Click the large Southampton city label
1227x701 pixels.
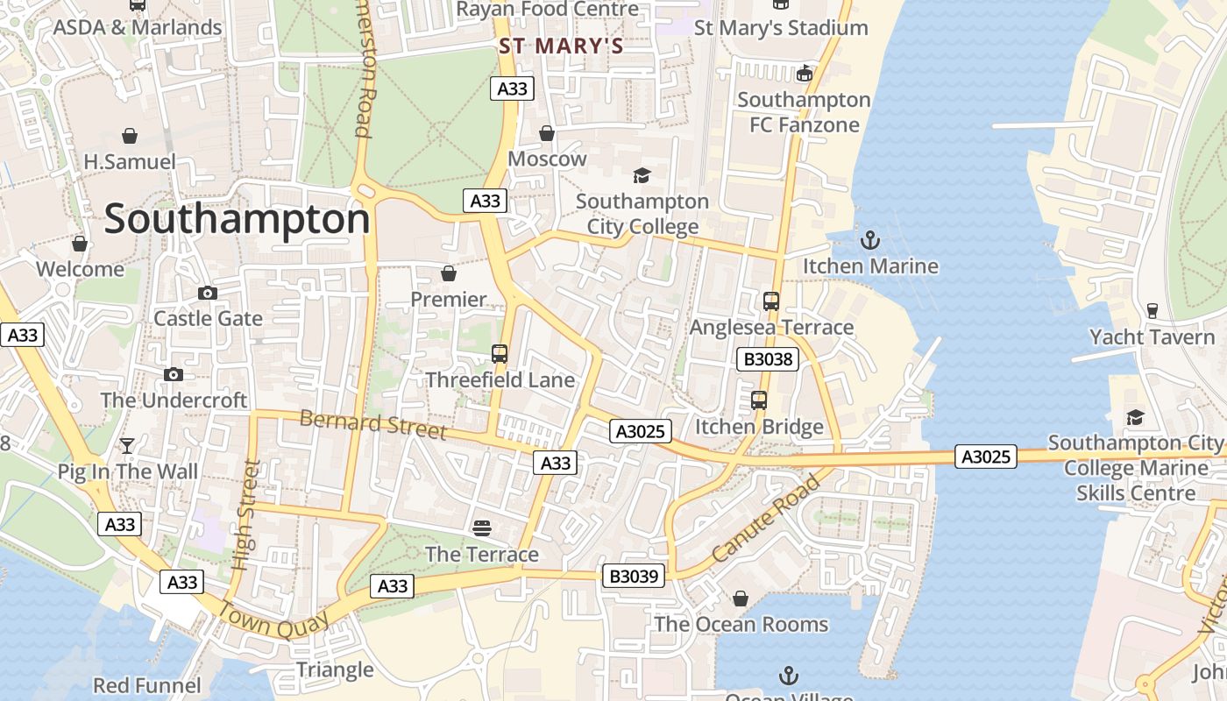pyautogui.click(x=237, y=219)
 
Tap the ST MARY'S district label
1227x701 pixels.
pyautogui.click(x=561, y=46)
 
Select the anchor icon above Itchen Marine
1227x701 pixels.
pyautogui.click(x=870, y=239)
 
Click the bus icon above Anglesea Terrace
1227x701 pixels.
pyautogui.click(x=771, y=301)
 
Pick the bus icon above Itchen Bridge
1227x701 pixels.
pyautogui.click(x=759, y=400)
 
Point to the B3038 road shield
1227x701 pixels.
pyautogui.click(x=768, y=358)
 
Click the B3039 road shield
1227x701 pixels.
pyautogui.click(x=633, y=576)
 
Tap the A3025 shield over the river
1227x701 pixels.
pyautogui.click(x=986, y=457)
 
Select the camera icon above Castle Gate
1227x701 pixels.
pyautogui.click(x=208, y=293)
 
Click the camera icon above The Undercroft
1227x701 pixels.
pyautogui.click(x=174, y=374)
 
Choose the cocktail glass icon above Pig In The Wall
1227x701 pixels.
pyautogui.click(x=127, y=446)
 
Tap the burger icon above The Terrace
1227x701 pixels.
pyautogui.click(x=482, y=528)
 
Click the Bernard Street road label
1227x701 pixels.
pyautogui.click(x=373, y=424)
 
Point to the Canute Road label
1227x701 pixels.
pyautogui.click(x=766, y=519)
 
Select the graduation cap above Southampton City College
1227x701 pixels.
pyautogui.click(x=642, y=176)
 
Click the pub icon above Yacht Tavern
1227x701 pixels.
pyautogui.click(x=1153, y=311)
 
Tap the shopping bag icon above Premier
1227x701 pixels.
pyautogui.click(x=449, y=273)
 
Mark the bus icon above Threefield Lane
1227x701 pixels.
pyautogui.click(x=500, y=354)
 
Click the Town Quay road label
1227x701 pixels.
pyautogui.click(x=273, y=620)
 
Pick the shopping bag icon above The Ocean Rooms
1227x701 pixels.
pyautogui.click(x=741, y=598)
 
